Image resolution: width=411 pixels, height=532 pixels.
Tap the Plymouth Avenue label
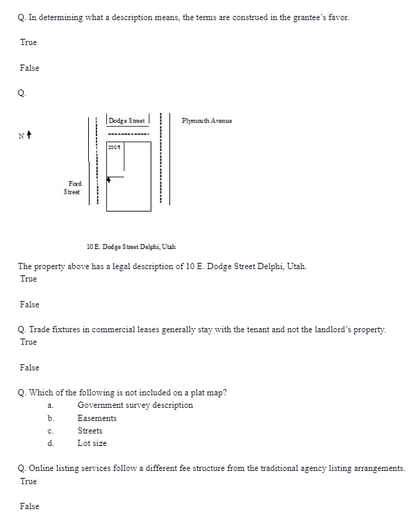click(x=207, y=120)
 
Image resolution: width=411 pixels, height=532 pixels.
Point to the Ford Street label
click(x=72, y=187)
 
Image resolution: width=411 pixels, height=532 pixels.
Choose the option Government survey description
click(x=135, y=405)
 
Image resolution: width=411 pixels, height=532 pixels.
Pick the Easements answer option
click(x=97, y=418)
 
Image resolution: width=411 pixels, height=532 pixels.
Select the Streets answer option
click(x=90, y=431)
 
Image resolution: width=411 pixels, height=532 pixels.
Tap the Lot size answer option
click(x=92, y=443)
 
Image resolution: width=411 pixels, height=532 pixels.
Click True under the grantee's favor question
click(x=28, y=43)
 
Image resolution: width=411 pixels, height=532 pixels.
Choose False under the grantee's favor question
click(x=30, y=68)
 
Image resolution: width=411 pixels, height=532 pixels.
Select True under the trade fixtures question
click(x=28, y=342)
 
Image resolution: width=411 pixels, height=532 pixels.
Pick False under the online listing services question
click(x=30, y=506)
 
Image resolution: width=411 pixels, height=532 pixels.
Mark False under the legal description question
click(x=30, y=304)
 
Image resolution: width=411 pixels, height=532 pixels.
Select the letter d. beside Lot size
click(x=51, y=443)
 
